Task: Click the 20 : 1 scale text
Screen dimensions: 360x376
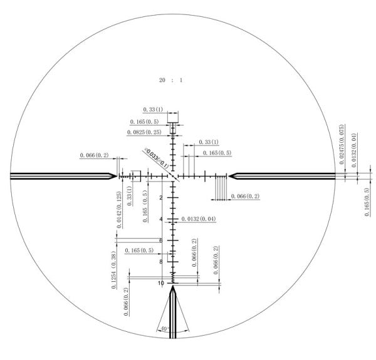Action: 170,81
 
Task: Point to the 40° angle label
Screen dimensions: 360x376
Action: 164,327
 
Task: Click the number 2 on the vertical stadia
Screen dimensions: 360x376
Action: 161,198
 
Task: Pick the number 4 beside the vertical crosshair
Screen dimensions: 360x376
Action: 161,219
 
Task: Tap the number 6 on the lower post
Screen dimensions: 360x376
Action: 161,240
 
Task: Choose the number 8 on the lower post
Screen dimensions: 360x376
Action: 161,262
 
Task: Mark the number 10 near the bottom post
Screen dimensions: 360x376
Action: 161,283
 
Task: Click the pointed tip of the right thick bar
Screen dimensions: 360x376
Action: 228,176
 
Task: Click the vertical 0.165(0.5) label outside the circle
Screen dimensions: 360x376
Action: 367,202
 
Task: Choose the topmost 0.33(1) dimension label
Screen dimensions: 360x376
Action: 153,110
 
